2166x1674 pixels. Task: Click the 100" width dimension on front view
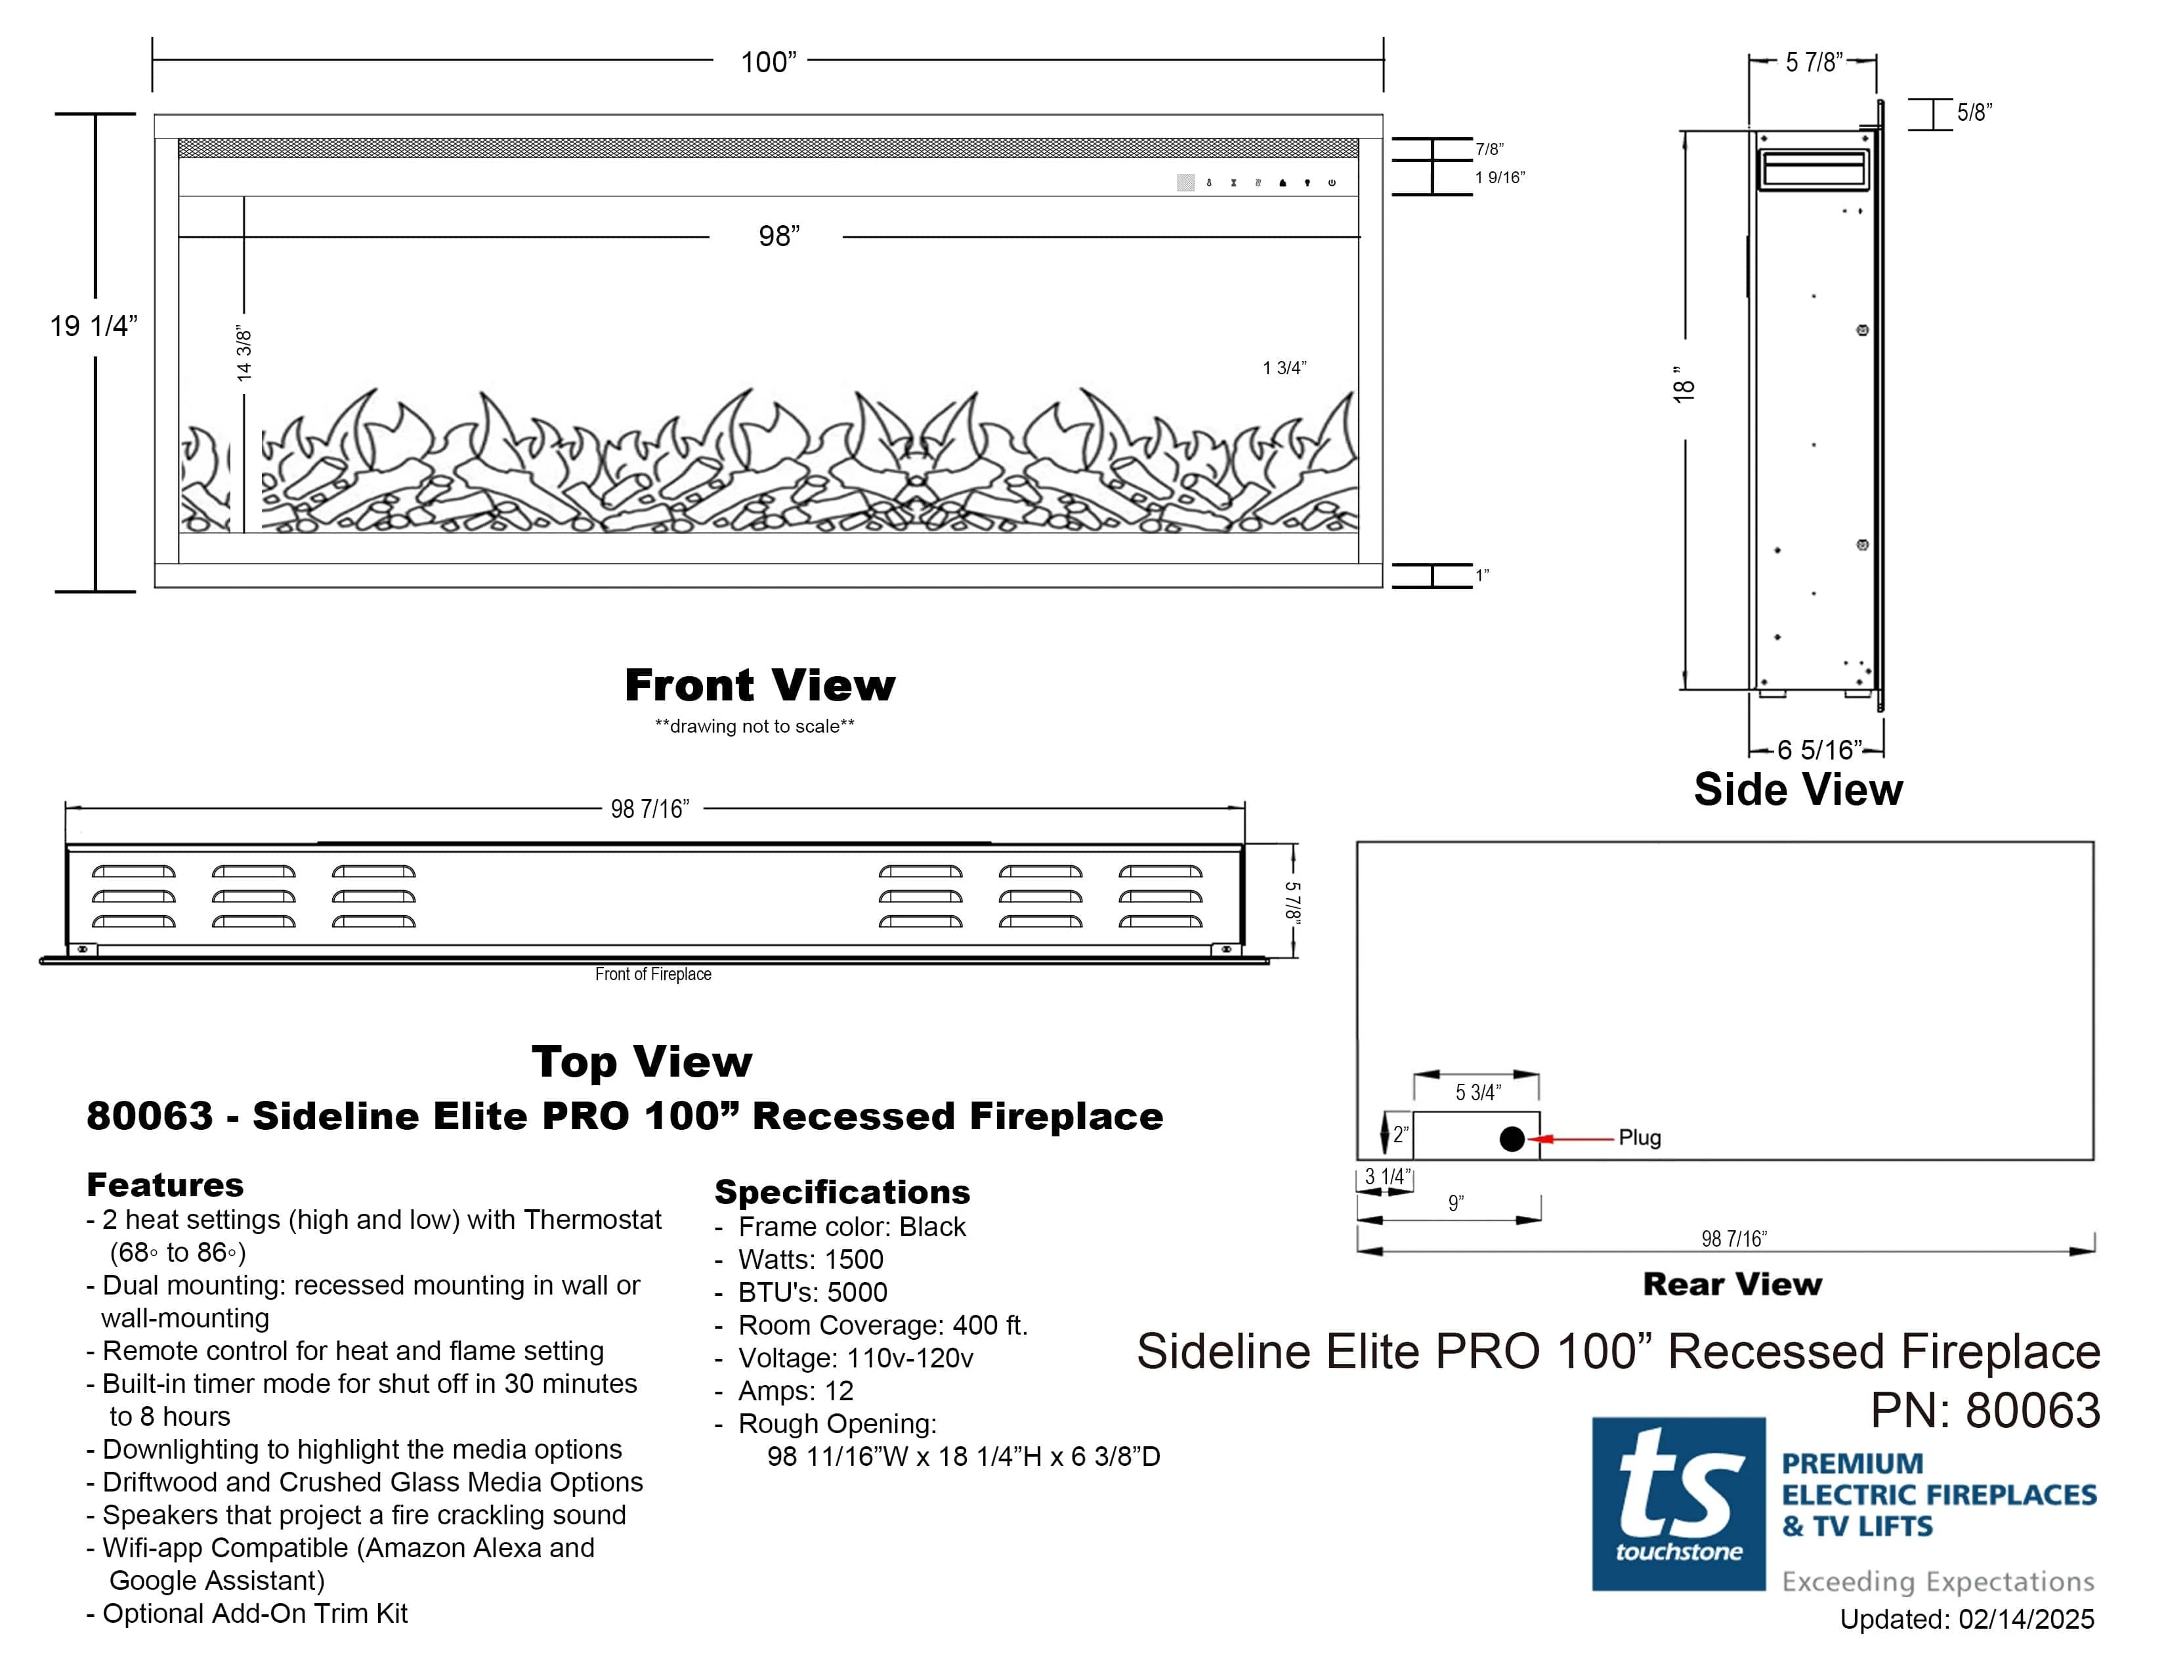pyautogui.click(x=769, y=62)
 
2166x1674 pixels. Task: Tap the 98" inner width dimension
pyautogui.click(x=778, y=236)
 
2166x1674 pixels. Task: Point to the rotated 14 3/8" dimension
pyautogui.click(x=244, y=354)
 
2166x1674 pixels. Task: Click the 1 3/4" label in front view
pyautogui.click(x=1285, y=368)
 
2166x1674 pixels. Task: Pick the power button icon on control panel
pyautogui.click(x=1332, y=182)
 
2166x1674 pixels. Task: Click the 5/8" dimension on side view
pyautogui.click(x=1974, y=112)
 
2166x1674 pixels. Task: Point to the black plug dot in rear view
pyautogui.click(x=1512, y=1140)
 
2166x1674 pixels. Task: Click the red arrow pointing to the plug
pyautogui.click(x=1572, y=1140)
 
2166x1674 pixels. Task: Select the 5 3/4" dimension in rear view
pyautogui.click(x=1477, y=1092)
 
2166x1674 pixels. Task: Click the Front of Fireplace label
pyautogui.click(x=652, y=974)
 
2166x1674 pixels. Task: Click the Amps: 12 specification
pyautogui.click(x=796, y=1390)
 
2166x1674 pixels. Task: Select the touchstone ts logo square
pyautogui.click(x=1678, y=1503)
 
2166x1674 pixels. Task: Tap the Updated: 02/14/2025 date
pyautogui.click(x=1966, y=1618)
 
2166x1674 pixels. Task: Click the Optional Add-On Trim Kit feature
pyautogui.click(x=255, y=1614)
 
